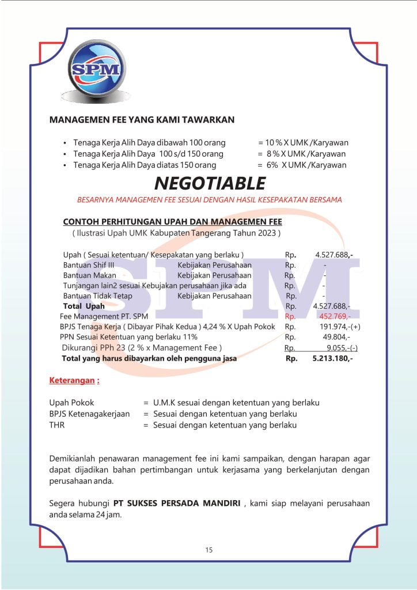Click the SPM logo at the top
coord(96,69)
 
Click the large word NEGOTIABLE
coord(210,183)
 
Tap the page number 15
coord(208,550)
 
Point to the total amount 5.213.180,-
coord(332,358)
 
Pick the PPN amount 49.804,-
coord(336,337)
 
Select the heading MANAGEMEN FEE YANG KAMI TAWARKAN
coord(142,120)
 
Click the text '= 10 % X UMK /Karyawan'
coord(303,143)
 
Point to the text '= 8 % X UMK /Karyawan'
coord(302,154)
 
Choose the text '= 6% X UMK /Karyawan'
coord(302,165)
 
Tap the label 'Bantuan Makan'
coord(89,275)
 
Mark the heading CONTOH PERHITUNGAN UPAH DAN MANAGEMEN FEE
coord(172,222)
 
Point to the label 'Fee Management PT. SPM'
coord(104,316)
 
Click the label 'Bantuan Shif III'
coord(89,265)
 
